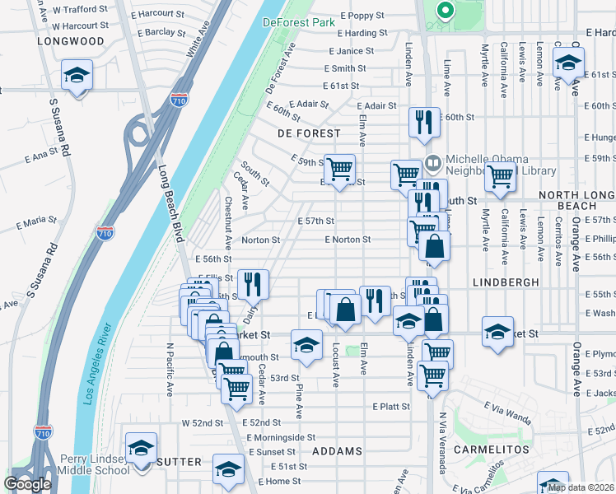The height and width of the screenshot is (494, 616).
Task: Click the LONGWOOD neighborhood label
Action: click(71, 41)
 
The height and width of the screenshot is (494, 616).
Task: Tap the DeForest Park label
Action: click(299, 22)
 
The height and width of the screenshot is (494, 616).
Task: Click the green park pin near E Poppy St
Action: click(445, 11)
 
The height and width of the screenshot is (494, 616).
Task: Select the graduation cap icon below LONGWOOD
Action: click(77, 77)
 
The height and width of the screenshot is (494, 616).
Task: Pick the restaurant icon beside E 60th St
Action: click(425, 122)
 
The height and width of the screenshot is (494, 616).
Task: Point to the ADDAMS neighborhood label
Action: click(338, 452)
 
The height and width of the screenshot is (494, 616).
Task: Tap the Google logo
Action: click(27, 484)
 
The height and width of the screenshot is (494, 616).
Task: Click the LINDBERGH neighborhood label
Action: click(506, 282)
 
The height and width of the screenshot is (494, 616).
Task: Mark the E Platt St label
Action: click(390, 407)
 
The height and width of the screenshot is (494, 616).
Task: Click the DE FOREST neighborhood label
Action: click(309, 133)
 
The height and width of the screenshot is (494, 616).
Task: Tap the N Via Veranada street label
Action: click(442, 443)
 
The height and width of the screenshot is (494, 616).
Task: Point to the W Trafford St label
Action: click(72, 11)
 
